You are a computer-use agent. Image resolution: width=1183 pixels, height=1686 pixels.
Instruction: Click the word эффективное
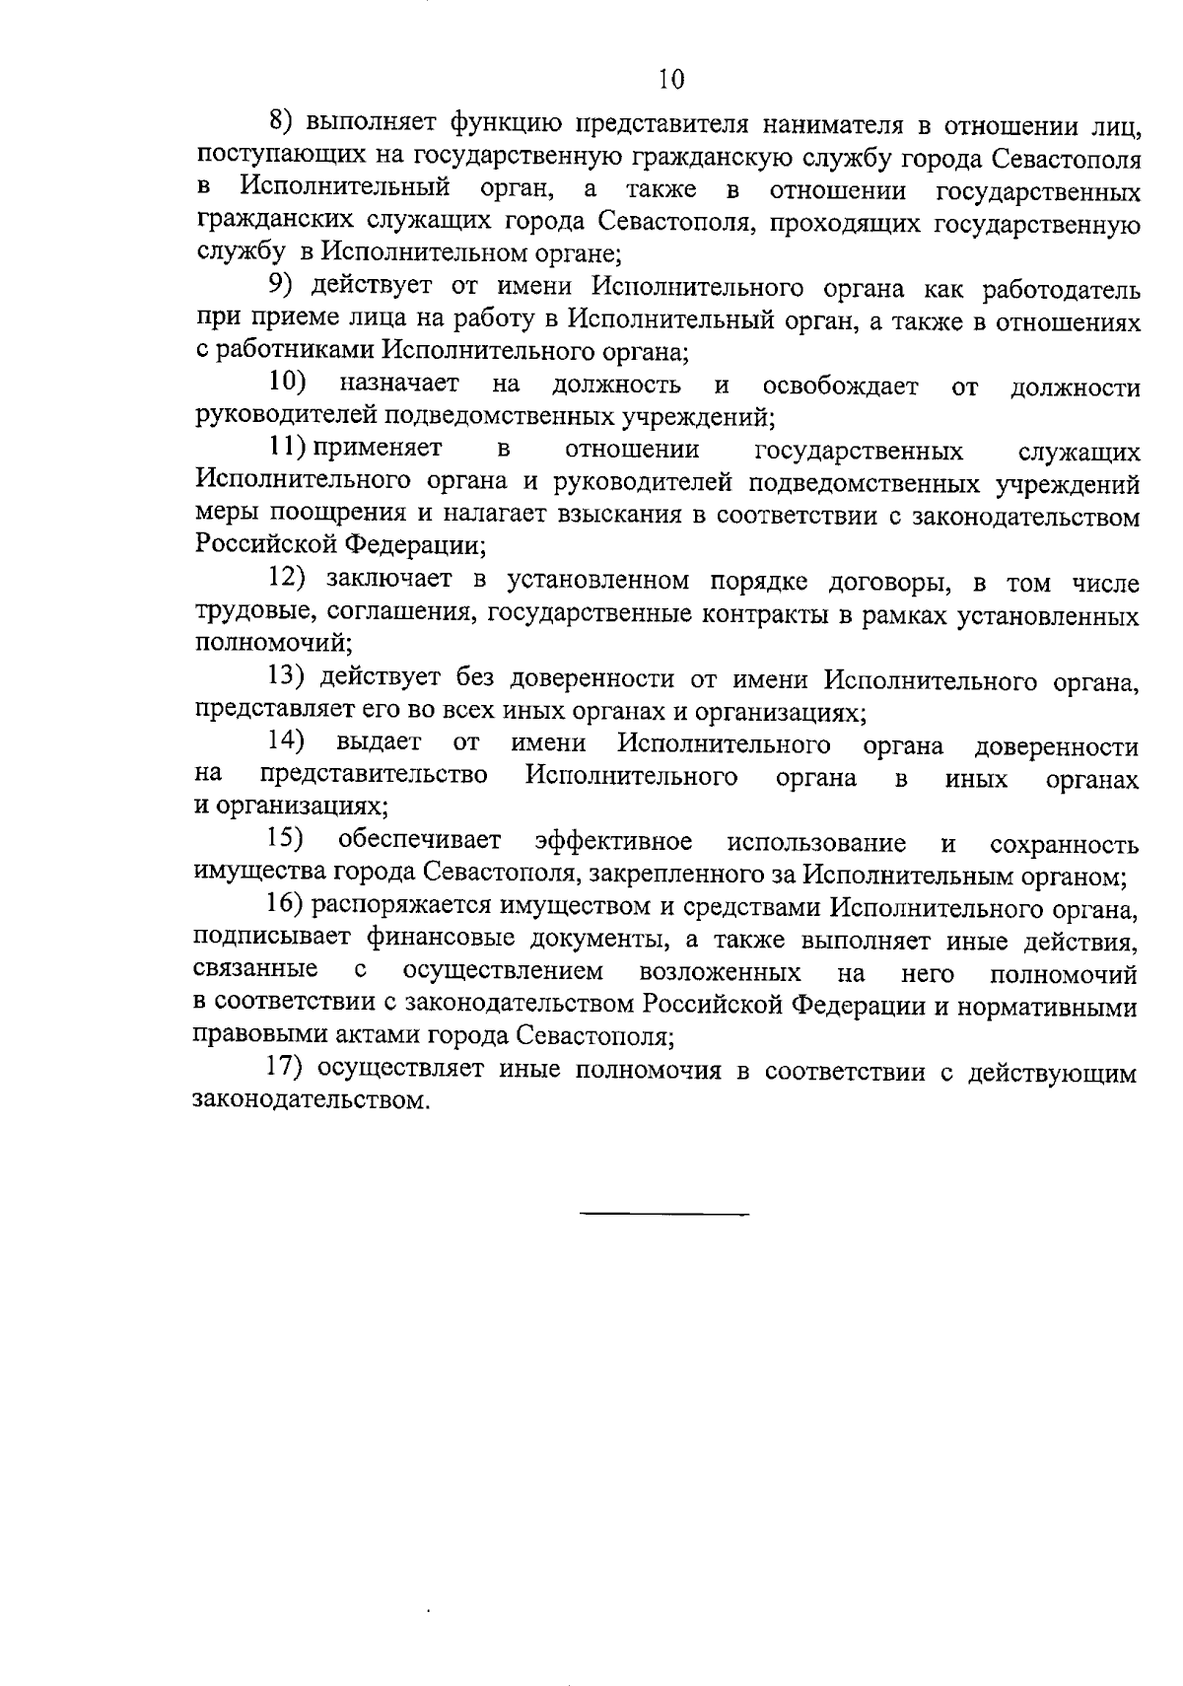point(613,842)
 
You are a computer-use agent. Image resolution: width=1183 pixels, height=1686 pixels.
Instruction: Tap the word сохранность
point(1064,844)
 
